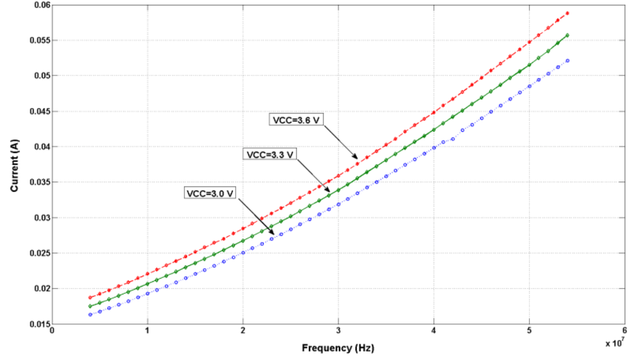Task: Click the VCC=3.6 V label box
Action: pos(294,120)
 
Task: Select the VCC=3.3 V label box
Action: pos(270,155)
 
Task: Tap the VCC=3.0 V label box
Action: pos(209,193)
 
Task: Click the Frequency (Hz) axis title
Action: pos(339,348)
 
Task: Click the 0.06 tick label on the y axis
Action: pos(38,5)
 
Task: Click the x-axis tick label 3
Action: pos(338,332)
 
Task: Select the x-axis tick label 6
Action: pos(624,332)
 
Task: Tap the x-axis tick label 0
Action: pos(52,332)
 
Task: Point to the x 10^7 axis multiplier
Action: pos(615,343)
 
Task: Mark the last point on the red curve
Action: pos(567,13)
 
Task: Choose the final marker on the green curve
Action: pos(567,35)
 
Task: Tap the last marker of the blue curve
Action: pos(567,61)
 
